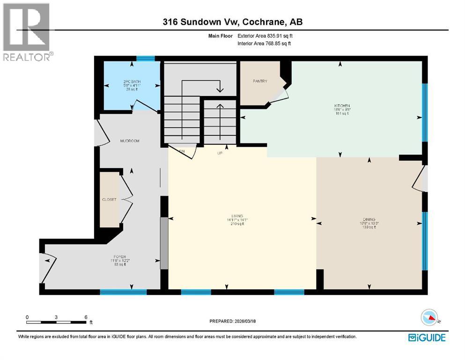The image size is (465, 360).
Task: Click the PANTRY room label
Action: [260, 81]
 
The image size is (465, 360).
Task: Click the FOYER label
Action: [117, 257]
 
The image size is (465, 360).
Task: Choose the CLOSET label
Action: [109, 199]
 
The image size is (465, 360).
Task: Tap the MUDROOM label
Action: [130, 141]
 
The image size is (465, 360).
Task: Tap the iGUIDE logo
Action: [427, 337]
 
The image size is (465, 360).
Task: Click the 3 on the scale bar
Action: [56, 317]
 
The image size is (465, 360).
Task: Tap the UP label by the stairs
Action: [219, 153]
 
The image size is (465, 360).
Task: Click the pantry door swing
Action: [281, 93]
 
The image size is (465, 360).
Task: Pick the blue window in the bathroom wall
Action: [145, 59]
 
